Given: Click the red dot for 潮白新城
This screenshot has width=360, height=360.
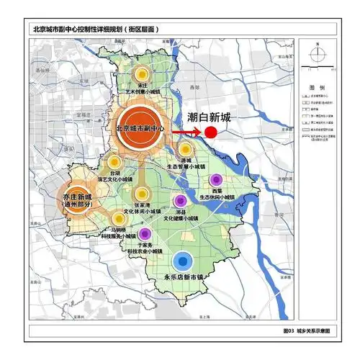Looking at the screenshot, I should tap(211, 132).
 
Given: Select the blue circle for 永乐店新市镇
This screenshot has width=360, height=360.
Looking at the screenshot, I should tap(184, 261).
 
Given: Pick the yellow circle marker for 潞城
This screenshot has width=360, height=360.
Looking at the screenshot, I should tap(185, 150).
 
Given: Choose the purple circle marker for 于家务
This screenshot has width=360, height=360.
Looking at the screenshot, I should tap(145, 233).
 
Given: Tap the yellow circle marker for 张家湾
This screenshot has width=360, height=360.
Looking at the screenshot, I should tap(141, 193).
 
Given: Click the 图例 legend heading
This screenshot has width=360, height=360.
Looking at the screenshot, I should tap(318, 86).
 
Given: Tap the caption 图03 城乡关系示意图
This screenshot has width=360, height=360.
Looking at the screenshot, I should tap(307, 330).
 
